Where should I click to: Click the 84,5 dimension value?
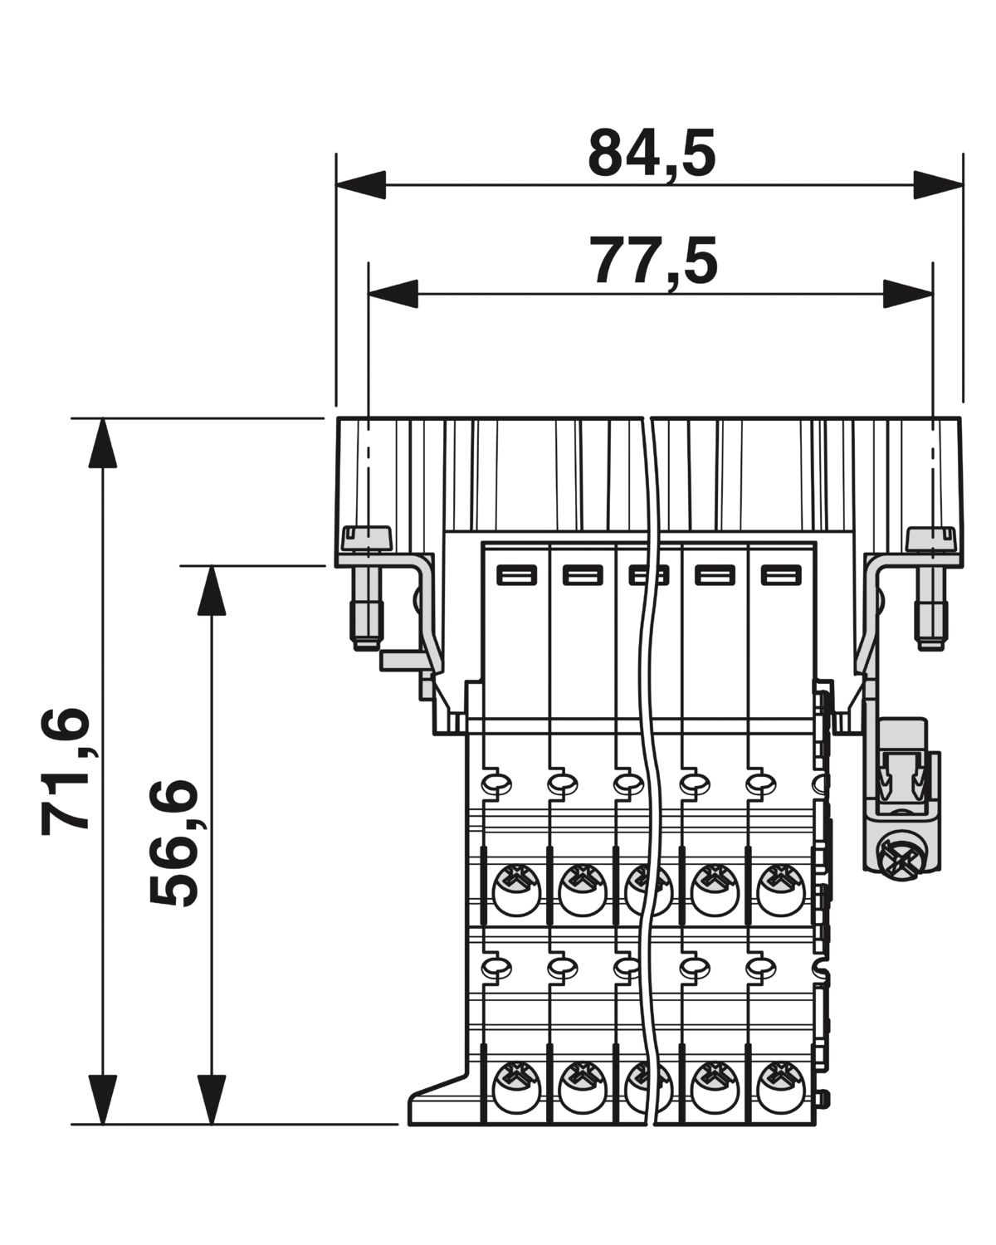coord(652,154)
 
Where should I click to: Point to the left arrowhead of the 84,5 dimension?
coord(360,185)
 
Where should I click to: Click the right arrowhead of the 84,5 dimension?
coord(938,185)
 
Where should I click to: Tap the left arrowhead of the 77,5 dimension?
coord(393,294)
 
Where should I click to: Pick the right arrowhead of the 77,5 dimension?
coord(907,294)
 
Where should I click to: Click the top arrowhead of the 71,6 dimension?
coord(102,442)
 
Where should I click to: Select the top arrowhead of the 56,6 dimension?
coord(212,590)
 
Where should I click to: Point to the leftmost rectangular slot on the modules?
coord(517,576)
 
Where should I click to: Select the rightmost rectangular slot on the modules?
coord(781,576)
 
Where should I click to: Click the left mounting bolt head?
coord(367,538)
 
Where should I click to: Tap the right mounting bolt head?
coord(930,538)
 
